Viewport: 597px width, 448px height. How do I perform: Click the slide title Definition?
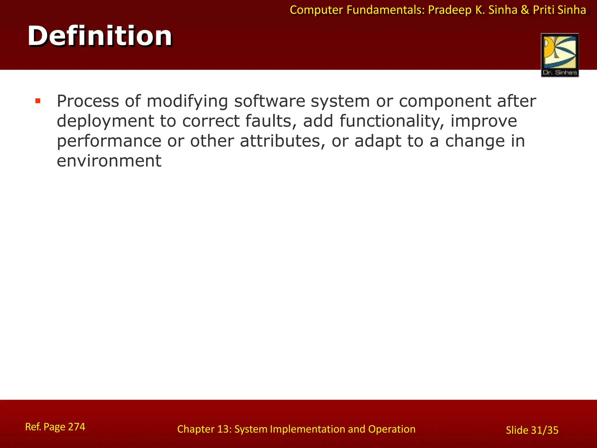tap(100, 36)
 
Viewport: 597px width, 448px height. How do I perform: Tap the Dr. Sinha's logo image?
tap(560, 55)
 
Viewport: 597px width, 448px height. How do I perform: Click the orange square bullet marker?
tap(38, 101)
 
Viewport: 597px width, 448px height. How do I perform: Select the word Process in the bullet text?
tap(88, 101)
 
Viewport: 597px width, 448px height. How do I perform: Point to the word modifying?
tap(187, 102)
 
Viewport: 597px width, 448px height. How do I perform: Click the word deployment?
tap(105, 121)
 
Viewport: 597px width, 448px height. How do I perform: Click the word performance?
tap(109, 141)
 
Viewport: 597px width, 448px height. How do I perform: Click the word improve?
tap(484, 121)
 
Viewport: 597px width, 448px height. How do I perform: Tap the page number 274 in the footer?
tap(76, 427)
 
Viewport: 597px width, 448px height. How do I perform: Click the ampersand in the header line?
tap(525, 10)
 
